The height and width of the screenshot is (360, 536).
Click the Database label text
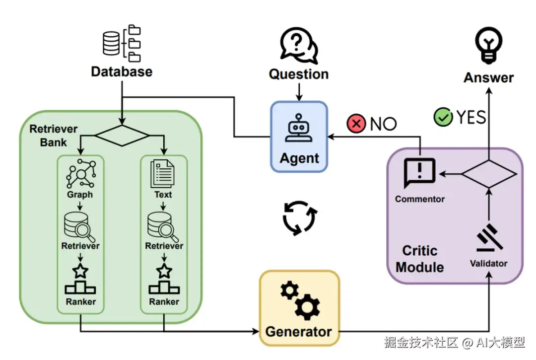coord(122,72)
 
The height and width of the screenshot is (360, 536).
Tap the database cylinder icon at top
coord(111,43)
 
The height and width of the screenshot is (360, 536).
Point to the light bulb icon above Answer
coord(489,43)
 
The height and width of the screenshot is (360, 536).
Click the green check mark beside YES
coord(443,118)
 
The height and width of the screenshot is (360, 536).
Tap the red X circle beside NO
coord(356,124)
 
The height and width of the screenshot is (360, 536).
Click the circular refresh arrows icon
coord(299,217)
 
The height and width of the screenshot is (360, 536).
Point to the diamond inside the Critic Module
coord(489,173)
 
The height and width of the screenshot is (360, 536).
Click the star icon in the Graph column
coord(80,271)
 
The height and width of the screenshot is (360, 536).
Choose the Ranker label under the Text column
coord(164,301)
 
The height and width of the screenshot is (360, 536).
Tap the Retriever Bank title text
coord(54,136)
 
